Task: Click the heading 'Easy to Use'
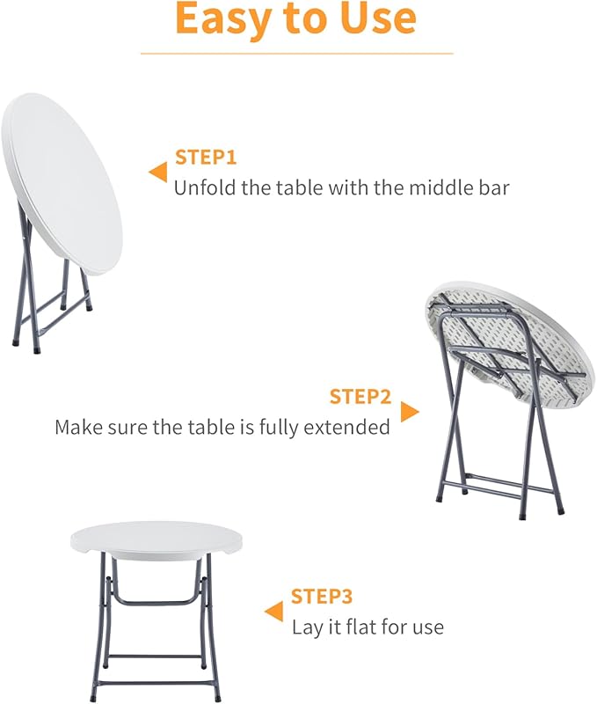[x=295, y=19]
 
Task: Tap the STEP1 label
[x=206, y=158]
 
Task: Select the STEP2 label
[x=360, y=397]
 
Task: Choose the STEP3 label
[x=322, y=597]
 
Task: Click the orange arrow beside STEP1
[x=158, y=172]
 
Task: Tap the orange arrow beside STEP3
[x=274, y=611]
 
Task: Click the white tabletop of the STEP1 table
[x=62, y=176]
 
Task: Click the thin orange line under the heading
[x=296, y=54]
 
